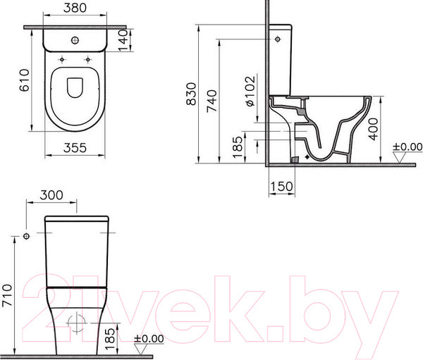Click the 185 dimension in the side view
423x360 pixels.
[238, 144]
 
